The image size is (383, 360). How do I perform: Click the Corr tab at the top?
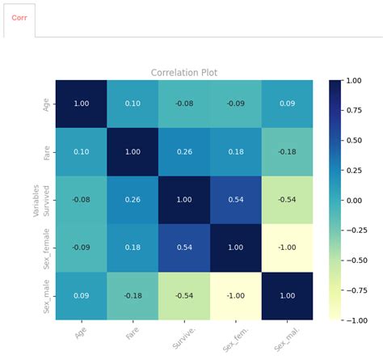[x=19, y=17]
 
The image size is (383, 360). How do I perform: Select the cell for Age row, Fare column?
[x=133, y=104]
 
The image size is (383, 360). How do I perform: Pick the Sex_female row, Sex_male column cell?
[x=287, y=247]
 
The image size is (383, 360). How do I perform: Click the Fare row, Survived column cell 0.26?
[x=184, y=151]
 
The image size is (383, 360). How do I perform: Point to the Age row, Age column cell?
[x=81, y=104]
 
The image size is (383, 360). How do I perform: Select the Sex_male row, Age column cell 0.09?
[x=81, y=295]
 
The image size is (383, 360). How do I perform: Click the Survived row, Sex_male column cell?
[x=287, y=199]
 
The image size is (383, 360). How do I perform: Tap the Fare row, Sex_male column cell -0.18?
[x=287, y=151]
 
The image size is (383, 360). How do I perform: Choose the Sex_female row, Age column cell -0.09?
[x=81, y=247]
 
